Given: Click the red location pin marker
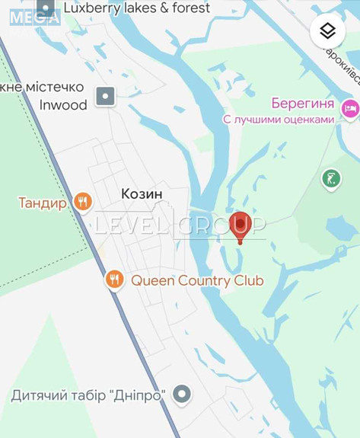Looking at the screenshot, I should click(x=240, y=225).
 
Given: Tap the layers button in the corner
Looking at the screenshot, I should click(x=327, y=31).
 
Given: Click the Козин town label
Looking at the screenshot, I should click(x=142, y=194).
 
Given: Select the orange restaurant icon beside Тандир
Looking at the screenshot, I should click(x=83, y=202).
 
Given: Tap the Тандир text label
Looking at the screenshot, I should click(x=43, y=203).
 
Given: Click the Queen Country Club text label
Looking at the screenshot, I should click(x=197, y=280).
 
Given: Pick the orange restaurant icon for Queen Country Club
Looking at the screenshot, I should click(x=114, y=280).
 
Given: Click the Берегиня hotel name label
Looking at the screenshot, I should click(x=302, y=103).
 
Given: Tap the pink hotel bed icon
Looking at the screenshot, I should click(x=350, y=109).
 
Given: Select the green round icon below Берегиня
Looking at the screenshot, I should click(x=331, y=179).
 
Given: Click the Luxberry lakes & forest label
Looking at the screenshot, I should click(x=136, y=8).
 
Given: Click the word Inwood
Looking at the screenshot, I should click(x=63, y=105).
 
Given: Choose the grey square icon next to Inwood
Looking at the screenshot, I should click(x=105, y=97).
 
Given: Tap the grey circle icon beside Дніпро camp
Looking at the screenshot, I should click(x=182, y=395).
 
